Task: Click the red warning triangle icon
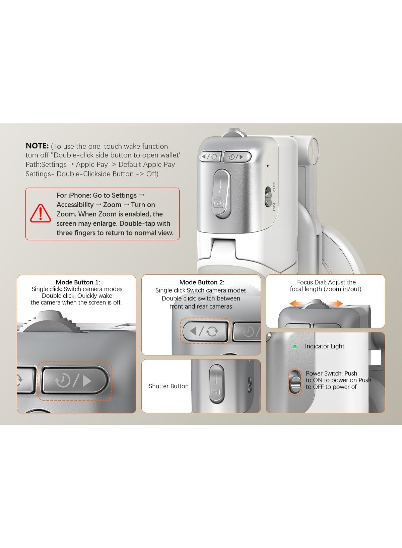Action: (41, 214)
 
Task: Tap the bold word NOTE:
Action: (37, 146)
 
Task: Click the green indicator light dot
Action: (295, 347)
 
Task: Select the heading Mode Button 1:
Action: (78, 282)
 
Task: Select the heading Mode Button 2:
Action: (202, 282)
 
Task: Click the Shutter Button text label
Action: (169, 386)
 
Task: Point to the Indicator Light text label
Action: (324, 346)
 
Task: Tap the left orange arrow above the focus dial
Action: (297, 303)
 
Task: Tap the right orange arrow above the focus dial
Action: (335, 303)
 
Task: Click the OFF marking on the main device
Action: (274, 187)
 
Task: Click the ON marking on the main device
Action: (274, 207)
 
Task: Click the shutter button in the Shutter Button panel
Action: (217, 384)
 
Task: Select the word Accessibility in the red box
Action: (75, 205)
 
